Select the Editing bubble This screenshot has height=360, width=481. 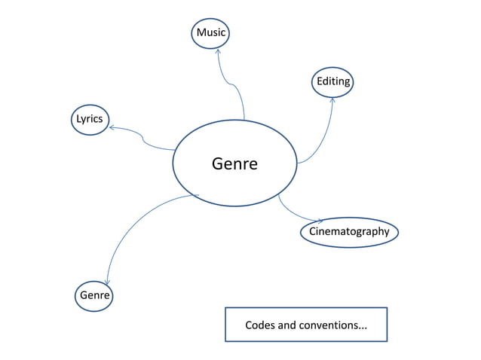click(x=332, y=81)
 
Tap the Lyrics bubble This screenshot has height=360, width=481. click(x=89, y=119)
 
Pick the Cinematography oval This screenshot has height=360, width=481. click(x=349, y=232)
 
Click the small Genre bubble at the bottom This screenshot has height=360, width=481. click(x=94, y=295)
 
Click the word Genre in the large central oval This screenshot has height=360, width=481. click(x=234, y=163)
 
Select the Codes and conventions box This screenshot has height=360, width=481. click(x=305, y=325)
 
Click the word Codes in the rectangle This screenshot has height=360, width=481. click(x=260, y=325)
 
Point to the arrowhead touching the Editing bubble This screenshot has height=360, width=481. click(x=332, y=99)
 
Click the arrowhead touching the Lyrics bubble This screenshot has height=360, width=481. click(x=112, y=127)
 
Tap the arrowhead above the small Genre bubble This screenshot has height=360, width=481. click(x=108, y=282)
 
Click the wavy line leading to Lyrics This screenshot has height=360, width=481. click(x=143, y=138)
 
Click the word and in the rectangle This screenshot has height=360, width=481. click(x=289, y=325)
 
